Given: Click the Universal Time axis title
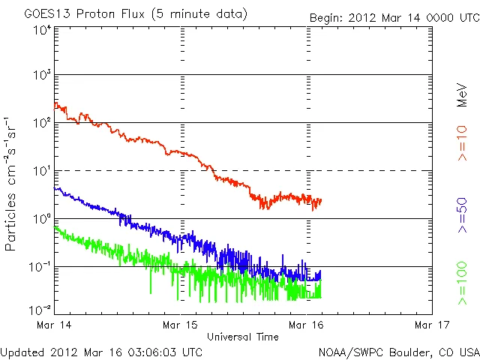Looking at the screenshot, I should pyautogui.click(x=243, y=337).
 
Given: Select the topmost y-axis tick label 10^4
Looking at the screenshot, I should pyautogui.click(x=41, y=31).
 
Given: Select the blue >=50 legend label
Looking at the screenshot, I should pyautogui.click(x=462, y=214).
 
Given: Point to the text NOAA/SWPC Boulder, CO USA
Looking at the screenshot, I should pyautogui.click(x=398, y=352).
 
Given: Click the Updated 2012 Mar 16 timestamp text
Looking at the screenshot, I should pyautogui.click(x=101, y=352).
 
